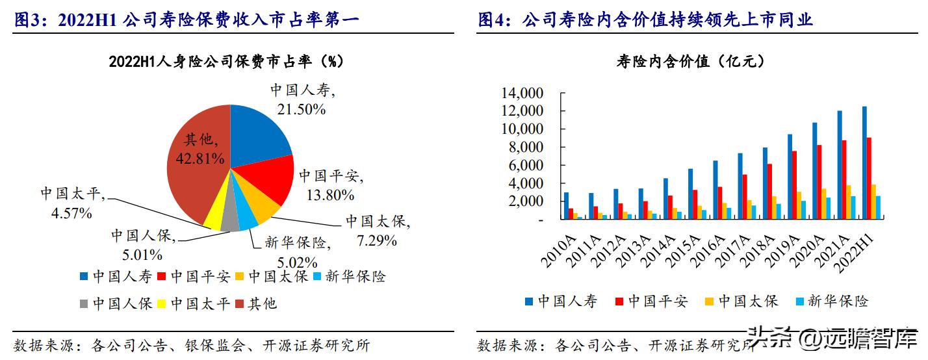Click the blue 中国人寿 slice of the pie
[x=260, y=133]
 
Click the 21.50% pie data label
[x=301, y=110]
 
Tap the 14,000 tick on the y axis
[x=522, y=93]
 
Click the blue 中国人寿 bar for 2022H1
[x=864, y=163]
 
